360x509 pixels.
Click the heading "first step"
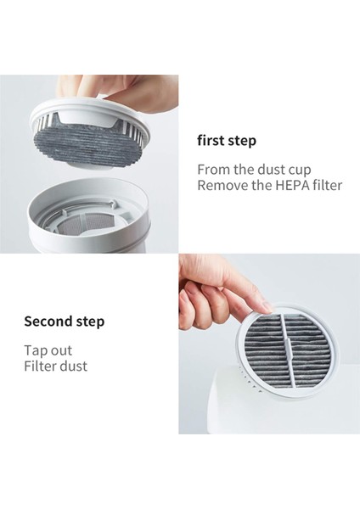coord(226,141)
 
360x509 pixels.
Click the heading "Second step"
coord(64,322)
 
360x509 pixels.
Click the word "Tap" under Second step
coord(36,350)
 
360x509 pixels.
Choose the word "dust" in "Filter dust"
coord(73,366)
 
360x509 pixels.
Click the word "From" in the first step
coord(214,169)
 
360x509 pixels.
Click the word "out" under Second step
coord(61,350)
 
